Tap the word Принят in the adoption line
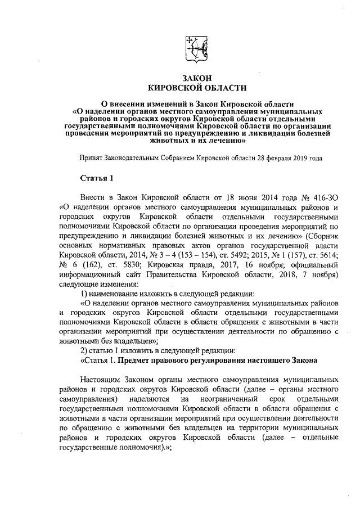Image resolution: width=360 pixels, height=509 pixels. pyautogui.click(x=91, y=159)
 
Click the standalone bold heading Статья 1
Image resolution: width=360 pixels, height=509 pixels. pyautogui.click(x=96, y=179)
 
